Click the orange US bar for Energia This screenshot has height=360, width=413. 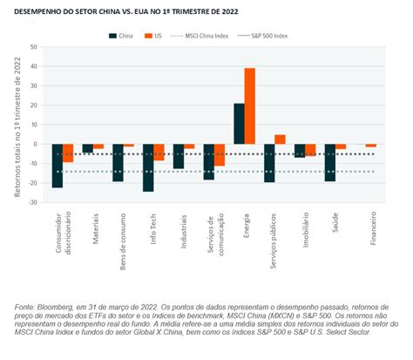tap(250, 106)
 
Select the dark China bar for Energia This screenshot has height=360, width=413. tap(240, 124)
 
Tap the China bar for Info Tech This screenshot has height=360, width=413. tap(148, 167)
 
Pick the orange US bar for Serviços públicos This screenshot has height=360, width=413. tap(280, 139)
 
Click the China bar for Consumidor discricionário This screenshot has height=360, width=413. tap(58, 166)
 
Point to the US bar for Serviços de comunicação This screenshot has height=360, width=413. tap(220, 155)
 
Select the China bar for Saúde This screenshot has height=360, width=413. tap(330, 163)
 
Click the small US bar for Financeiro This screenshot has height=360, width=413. tap(371, 146)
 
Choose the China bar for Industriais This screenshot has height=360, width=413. tap(179, 156)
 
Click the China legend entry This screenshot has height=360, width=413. tap(121, 36)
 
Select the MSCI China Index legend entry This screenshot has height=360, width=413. tap(200, 36)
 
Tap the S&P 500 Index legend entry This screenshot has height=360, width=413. tap(262, 36)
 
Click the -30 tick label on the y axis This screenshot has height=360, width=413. tap(32, 202)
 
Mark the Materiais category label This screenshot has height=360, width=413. tap(96, 228)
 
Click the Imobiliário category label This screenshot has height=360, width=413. tap(305, 230)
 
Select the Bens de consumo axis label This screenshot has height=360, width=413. tap(123, 241)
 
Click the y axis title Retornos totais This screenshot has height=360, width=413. tap(17, 127)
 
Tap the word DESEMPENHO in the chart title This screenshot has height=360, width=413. tap(33, 12)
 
